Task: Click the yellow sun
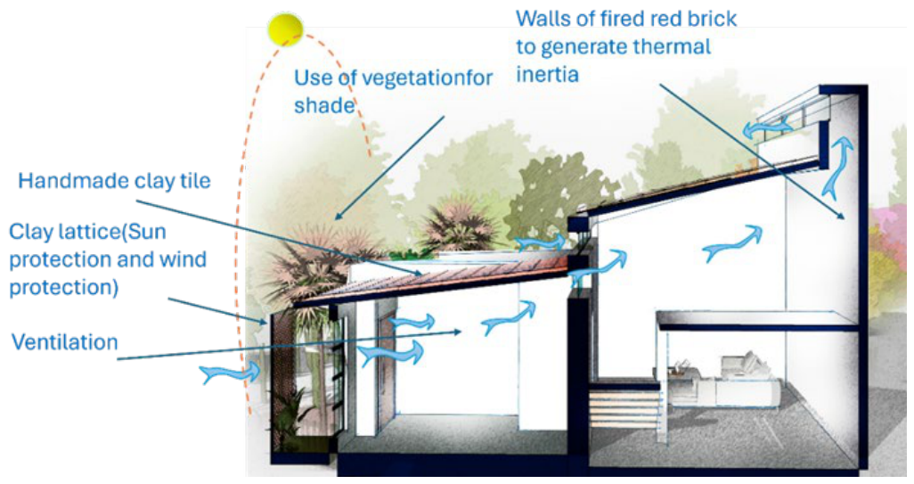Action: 286,29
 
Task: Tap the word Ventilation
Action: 65,341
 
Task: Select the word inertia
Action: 547,74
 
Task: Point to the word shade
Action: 324,105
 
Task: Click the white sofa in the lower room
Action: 734,382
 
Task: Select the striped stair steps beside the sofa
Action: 624,411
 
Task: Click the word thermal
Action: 672,46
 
